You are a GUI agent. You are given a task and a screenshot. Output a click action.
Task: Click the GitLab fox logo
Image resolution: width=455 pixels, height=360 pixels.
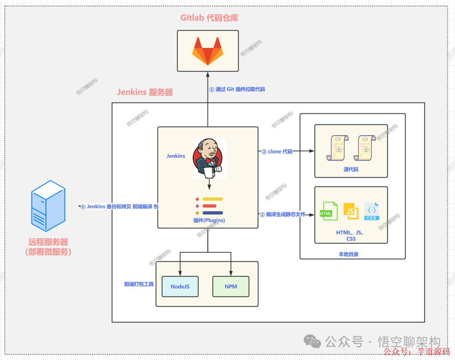click(208, 51)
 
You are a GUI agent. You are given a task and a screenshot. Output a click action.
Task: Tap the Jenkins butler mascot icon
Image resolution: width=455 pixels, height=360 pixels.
click(209, 158)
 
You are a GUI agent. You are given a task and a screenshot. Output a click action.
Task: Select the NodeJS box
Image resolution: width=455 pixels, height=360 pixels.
click(180, 286)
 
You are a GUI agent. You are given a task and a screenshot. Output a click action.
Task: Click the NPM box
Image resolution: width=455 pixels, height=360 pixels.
click(230, 286)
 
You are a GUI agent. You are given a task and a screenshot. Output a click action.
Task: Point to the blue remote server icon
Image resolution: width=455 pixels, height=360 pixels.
click(48, 205)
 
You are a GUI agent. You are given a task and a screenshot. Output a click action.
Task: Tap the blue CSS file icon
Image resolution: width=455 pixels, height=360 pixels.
click(372, 211)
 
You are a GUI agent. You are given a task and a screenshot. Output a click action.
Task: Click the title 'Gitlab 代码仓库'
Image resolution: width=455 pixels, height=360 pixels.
click(209, 18)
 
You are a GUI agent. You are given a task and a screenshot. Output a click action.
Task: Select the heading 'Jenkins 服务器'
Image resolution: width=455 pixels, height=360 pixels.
click(145, 92)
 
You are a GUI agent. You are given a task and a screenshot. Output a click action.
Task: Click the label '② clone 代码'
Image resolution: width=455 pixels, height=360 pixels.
click(277, 152)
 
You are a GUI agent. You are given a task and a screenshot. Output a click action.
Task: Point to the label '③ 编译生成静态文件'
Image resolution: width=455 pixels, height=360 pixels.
click(282, 215)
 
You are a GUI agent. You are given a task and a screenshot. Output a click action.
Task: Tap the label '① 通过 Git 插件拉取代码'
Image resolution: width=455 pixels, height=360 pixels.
click(237, 89)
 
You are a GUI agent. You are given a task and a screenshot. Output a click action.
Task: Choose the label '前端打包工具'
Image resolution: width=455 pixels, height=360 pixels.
click(139, 284)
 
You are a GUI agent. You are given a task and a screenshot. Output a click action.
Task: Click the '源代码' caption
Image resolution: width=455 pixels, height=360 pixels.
click(351, 169)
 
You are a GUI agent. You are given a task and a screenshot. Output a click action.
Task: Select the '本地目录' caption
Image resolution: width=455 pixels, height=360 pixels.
click(348, 254)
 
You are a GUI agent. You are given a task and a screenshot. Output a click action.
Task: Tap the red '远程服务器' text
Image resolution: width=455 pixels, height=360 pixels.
click(48, 242)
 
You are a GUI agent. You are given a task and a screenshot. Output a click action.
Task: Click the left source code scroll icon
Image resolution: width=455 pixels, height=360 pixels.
click(337, 147)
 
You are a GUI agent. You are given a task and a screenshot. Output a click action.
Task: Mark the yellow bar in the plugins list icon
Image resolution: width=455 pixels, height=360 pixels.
click(213, 199)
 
